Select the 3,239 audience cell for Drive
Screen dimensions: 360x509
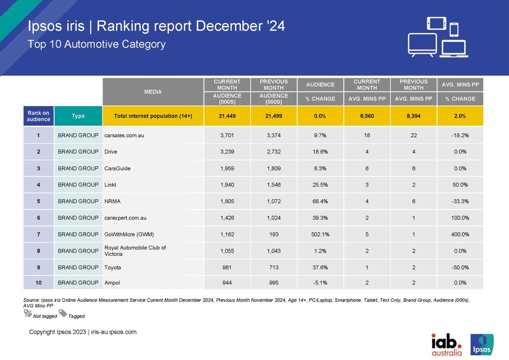tap(227, 152)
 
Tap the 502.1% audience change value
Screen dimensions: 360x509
tap(320, 234)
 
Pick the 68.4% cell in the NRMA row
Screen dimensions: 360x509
tap(320, 201)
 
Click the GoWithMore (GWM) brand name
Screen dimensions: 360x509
tap(129, 234)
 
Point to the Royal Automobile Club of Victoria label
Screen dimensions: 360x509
tap(135, 250)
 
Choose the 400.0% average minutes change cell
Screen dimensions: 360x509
tap(460, 234)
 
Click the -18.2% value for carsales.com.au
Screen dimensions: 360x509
tap(460, 135)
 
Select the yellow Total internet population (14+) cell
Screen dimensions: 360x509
tap(153, 116)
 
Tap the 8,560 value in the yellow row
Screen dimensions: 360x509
tap(367, 116)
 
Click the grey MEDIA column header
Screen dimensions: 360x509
tap(153, 92)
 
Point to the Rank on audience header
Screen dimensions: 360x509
tap(39, 116)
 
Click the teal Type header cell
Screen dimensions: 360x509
tap(78, 116)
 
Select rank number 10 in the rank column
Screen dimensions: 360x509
tap(39, 283)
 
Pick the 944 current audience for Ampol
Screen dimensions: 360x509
tap(227, 283)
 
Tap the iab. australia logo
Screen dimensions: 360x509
tap(447, 345)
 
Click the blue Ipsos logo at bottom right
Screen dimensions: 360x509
tap(482, 345)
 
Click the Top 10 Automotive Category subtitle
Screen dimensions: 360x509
tap(97, 44)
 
